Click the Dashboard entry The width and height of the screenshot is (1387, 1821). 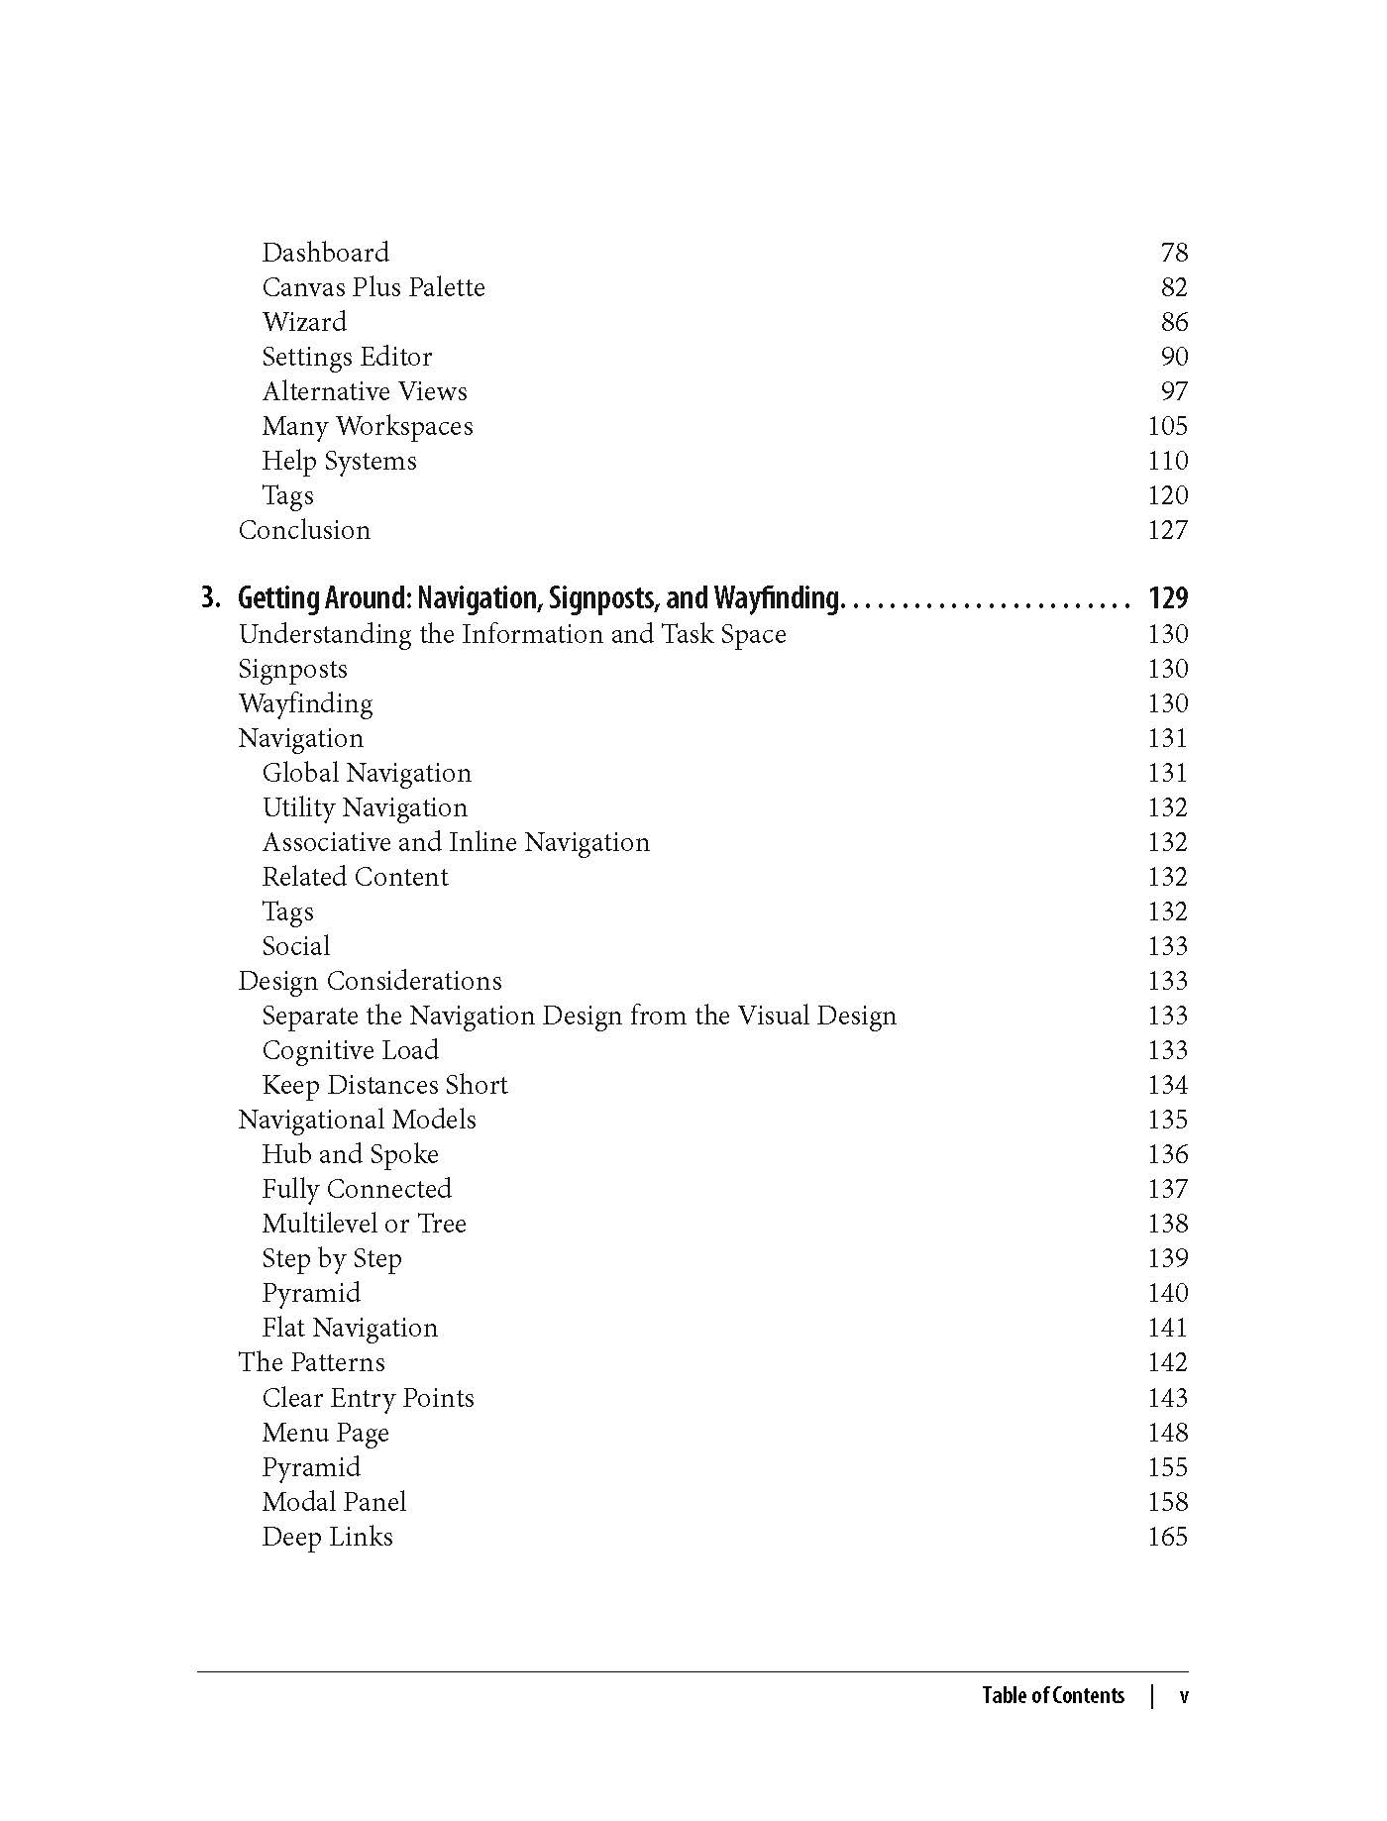[325, 253]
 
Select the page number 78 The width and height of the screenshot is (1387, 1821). [1173, 253]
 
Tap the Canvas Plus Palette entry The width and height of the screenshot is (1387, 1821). [373, 287]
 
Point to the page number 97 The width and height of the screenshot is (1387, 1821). [1173, 391]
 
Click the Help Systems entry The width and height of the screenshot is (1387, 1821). [339, 461]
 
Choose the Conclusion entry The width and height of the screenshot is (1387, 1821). [304, 530]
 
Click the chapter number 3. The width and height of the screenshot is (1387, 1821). [210, 598]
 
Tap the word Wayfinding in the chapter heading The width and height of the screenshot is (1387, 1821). [777, 598]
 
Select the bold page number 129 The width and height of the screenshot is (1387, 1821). [1167, 598]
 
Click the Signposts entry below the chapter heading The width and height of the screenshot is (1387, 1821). [293, 669]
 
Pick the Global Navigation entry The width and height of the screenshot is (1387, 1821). [367, 773]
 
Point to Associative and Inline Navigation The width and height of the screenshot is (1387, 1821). [456, 842]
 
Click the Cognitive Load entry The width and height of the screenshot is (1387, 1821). [350, 1050]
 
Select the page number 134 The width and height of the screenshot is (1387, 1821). [1167, 1085]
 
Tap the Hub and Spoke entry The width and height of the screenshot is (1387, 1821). [350, 1154]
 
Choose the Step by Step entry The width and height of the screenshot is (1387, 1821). [332, 1258]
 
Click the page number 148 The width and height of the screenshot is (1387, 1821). [1167, 1433]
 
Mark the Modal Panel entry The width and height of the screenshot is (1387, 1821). [334, 1502]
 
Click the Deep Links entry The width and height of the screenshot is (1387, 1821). [327, 1537]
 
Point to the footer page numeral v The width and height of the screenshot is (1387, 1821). [1184, 1695]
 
